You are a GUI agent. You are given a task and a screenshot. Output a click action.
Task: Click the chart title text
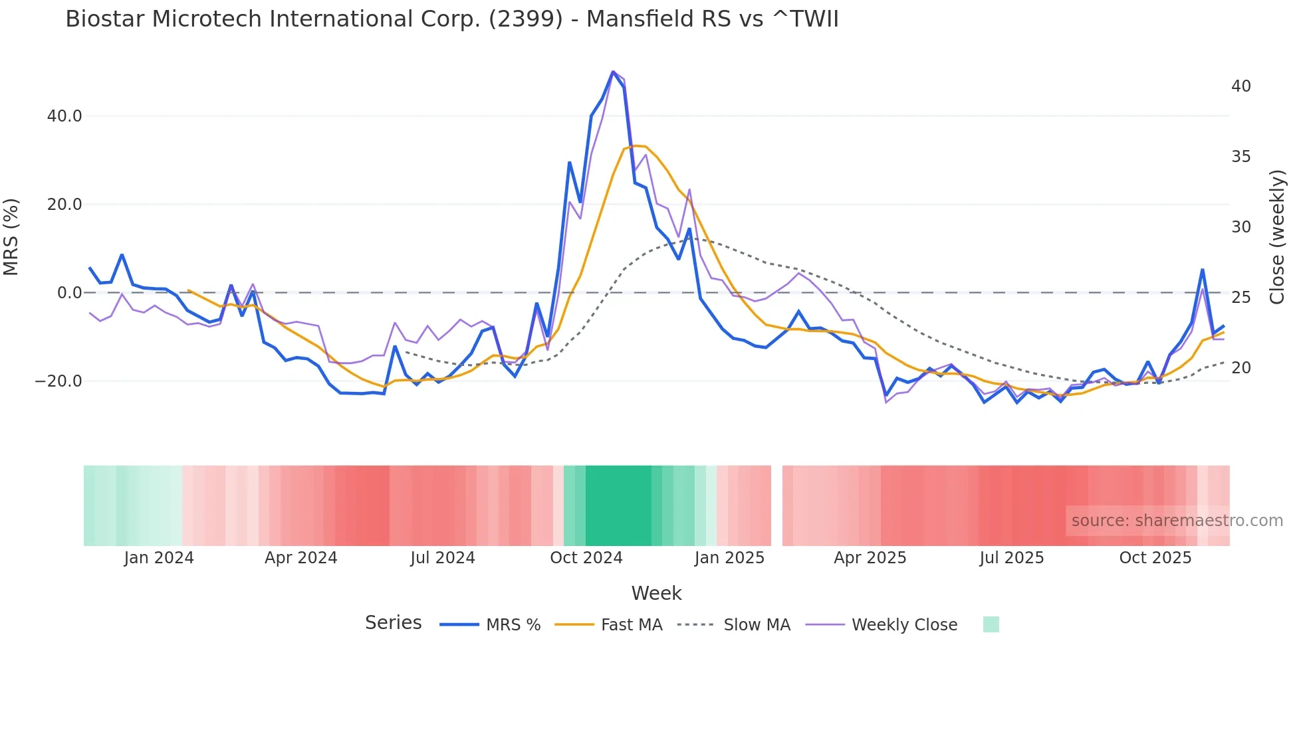[x=452, y=19]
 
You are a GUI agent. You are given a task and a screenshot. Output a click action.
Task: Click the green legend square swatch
[x=991, y=624]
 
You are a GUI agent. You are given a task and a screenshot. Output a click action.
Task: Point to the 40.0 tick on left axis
[x=64, y=116]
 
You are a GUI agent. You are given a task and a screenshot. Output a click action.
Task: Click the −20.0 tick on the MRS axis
[x=59, y=381]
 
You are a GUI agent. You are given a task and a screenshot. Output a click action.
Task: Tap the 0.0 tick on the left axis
[x=69, y=293]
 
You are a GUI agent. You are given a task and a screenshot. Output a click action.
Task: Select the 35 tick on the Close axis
[x=1241, y=157]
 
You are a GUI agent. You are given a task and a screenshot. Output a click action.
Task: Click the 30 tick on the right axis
[x=1241, y=227]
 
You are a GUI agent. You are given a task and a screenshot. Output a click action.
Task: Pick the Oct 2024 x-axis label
[x=586, y=558]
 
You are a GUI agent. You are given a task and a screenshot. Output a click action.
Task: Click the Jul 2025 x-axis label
[x=1011, y=558]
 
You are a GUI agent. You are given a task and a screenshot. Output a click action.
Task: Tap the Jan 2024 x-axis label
[x=159, y=558]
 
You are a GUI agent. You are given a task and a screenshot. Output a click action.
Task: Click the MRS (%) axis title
[x=11, y=237]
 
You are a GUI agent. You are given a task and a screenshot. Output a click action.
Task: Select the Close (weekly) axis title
[x=1277, y=237]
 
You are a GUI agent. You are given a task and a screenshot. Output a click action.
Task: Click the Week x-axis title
[x=656, y=593]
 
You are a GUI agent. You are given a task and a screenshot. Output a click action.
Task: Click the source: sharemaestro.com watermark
[x=1177, y=521]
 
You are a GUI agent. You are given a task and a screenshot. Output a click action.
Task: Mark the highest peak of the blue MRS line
[x=613, y=72]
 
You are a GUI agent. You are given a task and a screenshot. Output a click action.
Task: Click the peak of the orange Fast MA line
[x=635, y=145]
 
